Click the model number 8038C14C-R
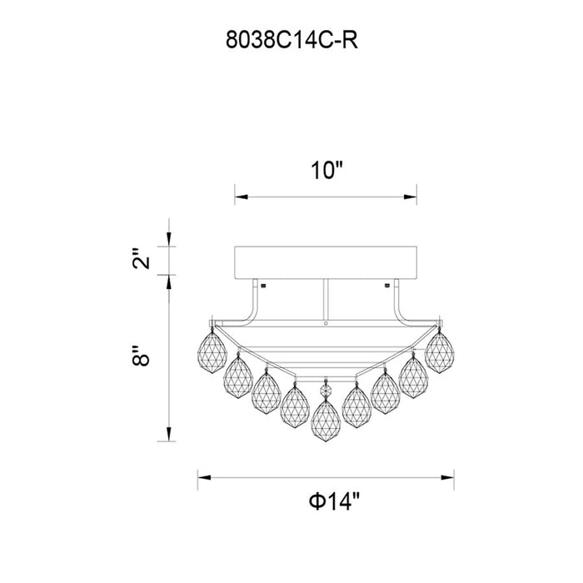291,40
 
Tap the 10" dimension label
326,171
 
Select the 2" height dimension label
141,258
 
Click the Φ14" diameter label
335,501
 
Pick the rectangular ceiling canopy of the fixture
326,262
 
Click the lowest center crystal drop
326,420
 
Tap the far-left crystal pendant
212,351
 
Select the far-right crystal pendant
440,351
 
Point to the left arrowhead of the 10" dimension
241,197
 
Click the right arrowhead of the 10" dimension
411,197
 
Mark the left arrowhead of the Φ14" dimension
205,477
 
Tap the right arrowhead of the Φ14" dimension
447,477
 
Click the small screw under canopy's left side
264,286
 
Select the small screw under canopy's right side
386,286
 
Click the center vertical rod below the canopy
326,300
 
